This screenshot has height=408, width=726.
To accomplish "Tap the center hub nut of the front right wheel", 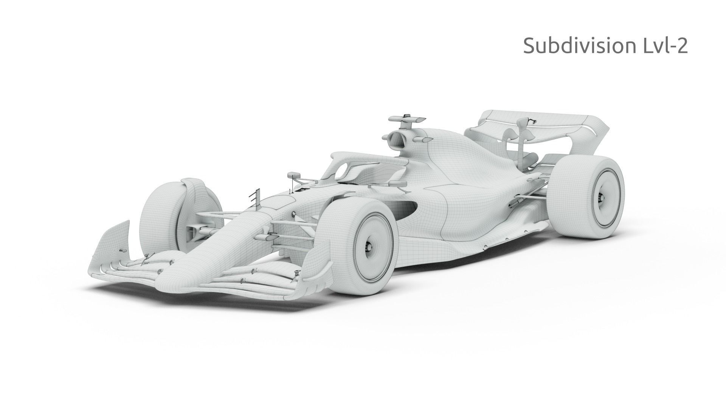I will (x=369, y=246).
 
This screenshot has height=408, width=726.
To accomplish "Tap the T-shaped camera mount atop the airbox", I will (x=406, y=120).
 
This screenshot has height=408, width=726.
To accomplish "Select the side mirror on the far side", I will (x=293, y=175).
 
